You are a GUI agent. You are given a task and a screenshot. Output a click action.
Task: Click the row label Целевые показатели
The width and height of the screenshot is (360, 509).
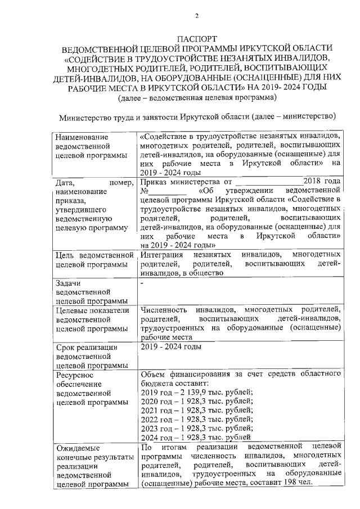point(93,309)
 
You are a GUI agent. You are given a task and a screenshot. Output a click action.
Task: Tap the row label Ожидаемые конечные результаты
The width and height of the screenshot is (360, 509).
point(93,457)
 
